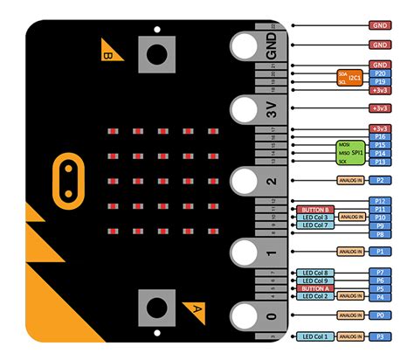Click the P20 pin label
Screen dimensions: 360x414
point(380,73)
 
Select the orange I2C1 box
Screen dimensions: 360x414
point(355,78)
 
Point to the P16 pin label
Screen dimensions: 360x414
point(380,136)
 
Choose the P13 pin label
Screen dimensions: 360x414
point(380,162)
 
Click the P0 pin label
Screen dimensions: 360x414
point(380,315)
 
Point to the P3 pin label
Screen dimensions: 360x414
point(380,336)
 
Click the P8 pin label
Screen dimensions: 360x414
point(380,233)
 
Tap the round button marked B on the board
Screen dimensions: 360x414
point(156,55)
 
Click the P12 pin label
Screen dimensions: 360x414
point(380,201)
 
